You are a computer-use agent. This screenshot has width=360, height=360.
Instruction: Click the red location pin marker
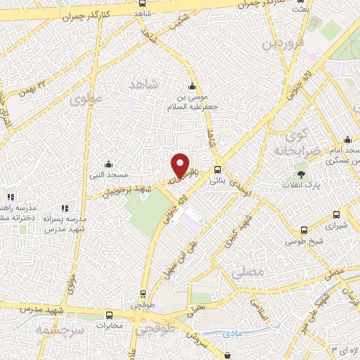(181, 165)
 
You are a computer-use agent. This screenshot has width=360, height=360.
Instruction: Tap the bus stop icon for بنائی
(217, 169)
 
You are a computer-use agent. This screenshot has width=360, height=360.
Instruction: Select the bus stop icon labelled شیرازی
(336, 214)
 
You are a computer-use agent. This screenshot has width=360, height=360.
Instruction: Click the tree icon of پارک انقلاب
(302, 174)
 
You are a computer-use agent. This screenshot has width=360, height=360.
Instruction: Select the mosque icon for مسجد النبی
(107, 163)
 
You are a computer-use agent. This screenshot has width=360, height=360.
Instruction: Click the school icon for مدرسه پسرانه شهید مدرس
(65, 207)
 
